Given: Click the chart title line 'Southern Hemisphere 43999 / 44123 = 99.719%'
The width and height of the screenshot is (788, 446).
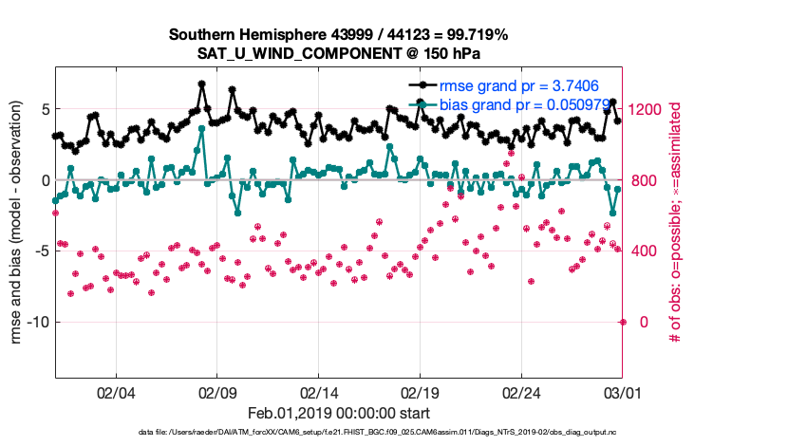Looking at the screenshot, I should (x=339, y=35).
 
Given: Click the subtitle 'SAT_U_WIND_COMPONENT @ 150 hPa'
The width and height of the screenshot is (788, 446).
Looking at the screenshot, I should (x=339, y=53).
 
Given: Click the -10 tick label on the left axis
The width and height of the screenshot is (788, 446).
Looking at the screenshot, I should (x=36, y=323).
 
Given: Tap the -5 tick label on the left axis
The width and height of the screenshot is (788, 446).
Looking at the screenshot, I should (x=40, y=251).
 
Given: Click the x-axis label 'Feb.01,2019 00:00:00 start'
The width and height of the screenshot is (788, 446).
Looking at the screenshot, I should (x=339, y=414).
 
